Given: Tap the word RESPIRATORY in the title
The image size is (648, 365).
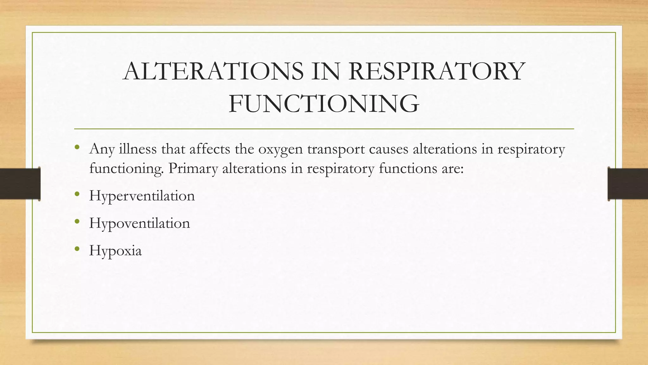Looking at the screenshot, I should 437,71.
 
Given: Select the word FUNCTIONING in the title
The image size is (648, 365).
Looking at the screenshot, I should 324,104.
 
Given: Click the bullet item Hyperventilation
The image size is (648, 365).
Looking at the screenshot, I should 142,196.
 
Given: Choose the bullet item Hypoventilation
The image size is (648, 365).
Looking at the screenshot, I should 140,223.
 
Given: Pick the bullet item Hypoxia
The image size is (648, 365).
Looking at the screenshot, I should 115,251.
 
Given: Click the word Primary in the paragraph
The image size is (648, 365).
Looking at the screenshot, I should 193,169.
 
